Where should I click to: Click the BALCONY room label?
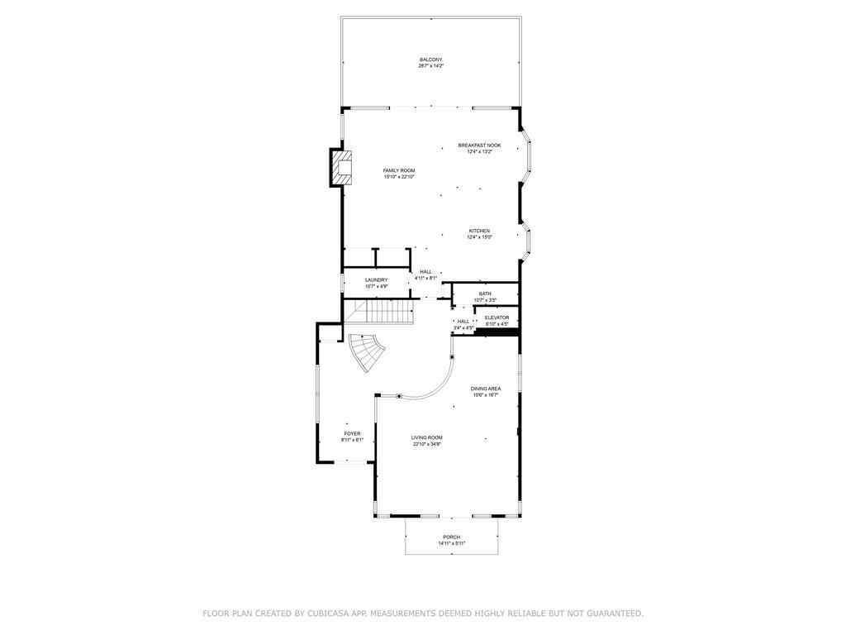click(430, 60)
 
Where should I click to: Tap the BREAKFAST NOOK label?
click(479, 146)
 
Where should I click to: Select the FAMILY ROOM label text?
click(398, 170)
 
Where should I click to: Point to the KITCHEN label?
click(479, 231)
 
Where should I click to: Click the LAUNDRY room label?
click(377, 280)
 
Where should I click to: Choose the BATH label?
click(484, 294)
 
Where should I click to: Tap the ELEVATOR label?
click(497, 317)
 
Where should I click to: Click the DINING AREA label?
click(486, 389)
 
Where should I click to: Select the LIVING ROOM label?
click(427, 437)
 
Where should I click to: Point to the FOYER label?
click(352, 433)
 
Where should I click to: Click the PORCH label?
click(451, 537)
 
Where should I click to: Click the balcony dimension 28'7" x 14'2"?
click(430, 66)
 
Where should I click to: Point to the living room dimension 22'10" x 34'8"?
click(427, 444)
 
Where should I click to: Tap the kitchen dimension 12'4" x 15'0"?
click(479, 237)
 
